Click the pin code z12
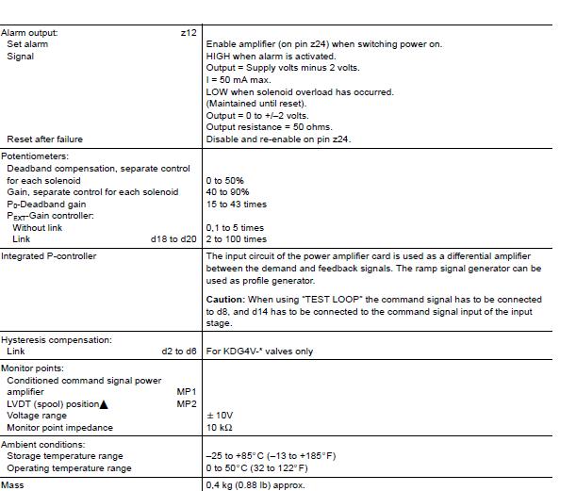pyautogui.click(x=189, y=33)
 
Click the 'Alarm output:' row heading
pyautogui.click(x=29, y=33)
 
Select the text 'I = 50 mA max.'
pyautogui.click(x=239, y=80)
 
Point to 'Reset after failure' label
pyautogui.click(x=44, y=139)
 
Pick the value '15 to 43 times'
pyautogui.click(x=236, y=204)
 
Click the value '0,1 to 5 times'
pyautogui.click(x=235, y=227)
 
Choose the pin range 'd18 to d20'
pyautogui.click(x=173, y=239)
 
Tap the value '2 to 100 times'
pyautogui.click(x=236, y=239)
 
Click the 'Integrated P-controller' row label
pyautogui.click(x=48, y=256)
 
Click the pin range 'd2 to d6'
pyautogui.click(x=179, y=352)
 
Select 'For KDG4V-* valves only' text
pyautogui.click(x=259, y=352)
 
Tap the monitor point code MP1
pyautogui.click(x=187, y=392)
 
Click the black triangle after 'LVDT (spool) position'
pyautogui.click(x=104, y=404)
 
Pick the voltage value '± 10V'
pyautogui.click(x=220, y=416)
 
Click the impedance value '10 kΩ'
pyautogui.click(x=219, y=428)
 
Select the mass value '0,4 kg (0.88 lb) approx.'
pyautogui.click(x=255, y=485)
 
